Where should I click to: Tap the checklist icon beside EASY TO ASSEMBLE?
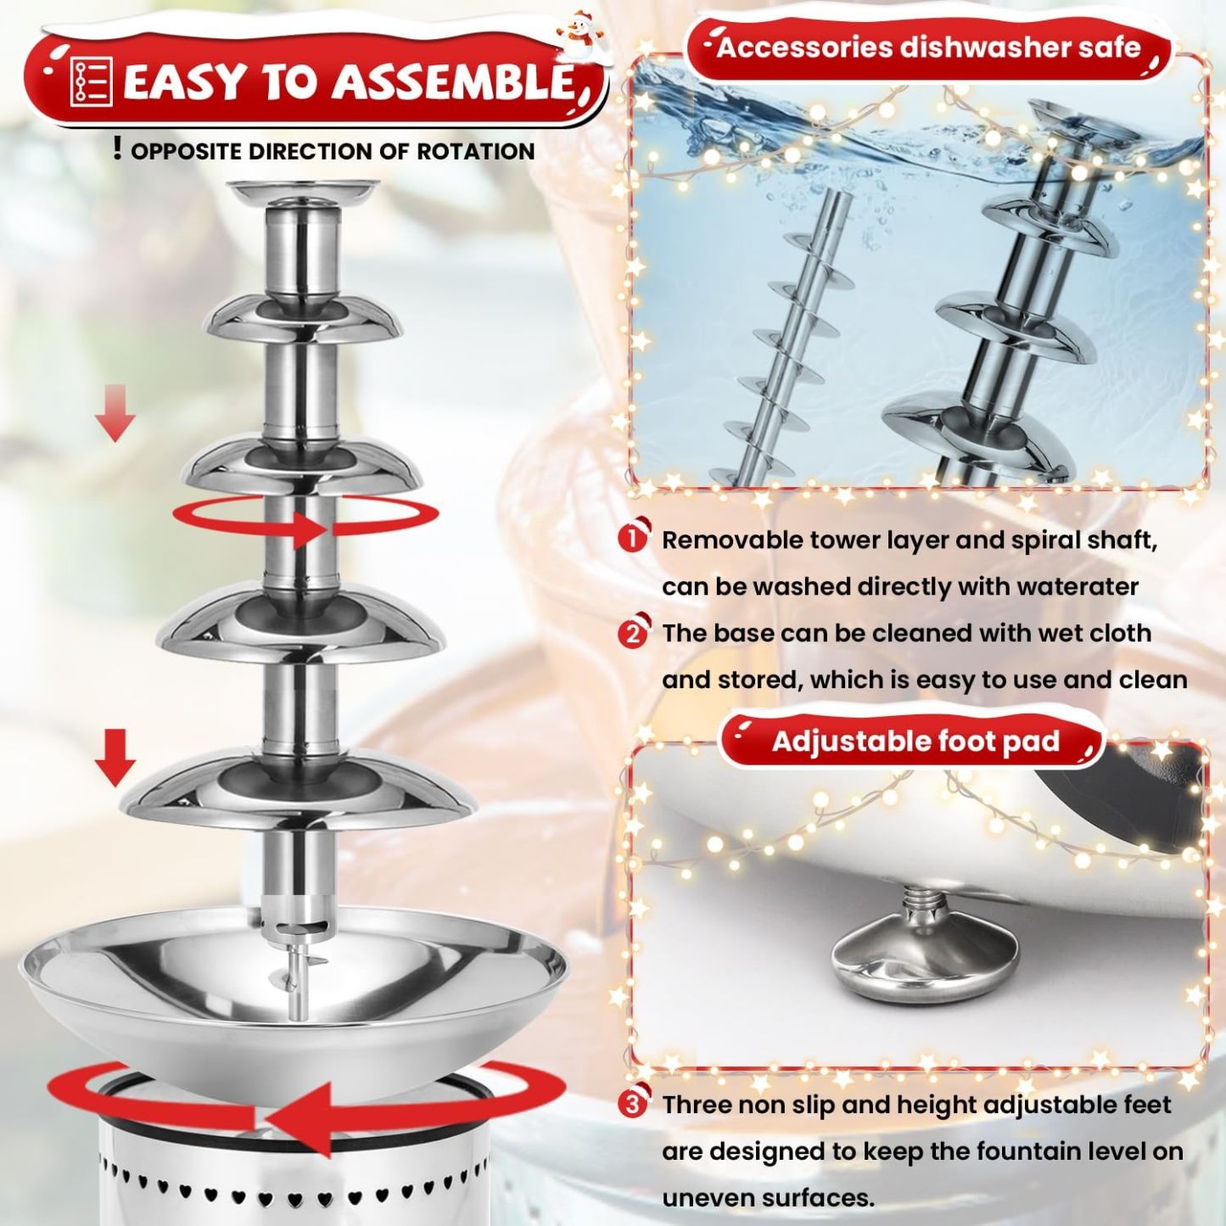click(x=91, y=82)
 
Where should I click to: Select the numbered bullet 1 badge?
click(x=632, y=538)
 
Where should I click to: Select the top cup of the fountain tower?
click(x=303, y=191)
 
